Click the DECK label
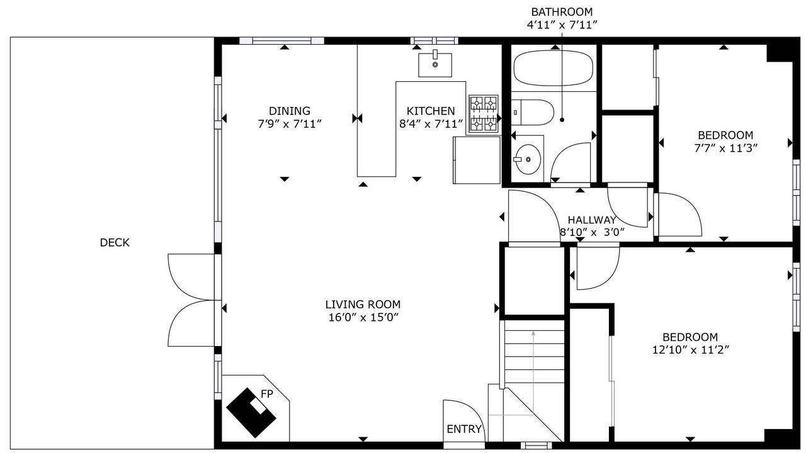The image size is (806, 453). coord(115,243)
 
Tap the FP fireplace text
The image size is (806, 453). coord(266,394)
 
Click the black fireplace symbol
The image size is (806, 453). coord(251,413)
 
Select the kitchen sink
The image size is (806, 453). coord(435,65)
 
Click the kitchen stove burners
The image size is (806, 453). coord(483,114)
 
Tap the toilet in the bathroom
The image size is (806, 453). coord(532,113)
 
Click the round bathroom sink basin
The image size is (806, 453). coord(528,159)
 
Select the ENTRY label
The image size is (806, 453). coord(464,429)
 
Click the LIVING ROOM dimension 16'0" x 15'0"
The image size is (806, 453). coord(363,318)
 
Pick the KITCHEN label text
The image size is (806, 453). coord(431,111)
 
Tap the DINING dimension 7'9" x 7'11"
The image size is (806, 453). coord(289,124)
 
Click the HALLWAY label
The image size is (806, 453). coord(592,220)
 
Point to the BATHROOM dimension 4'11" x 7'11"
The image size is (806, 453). coord(562,25)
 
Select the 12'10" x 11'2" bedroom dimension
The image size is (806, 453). coord(691,350)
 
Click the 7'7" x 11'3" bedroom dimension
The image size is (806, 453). coord(726,148)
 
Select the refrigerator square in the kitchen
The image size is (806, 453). coord(477,160)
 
